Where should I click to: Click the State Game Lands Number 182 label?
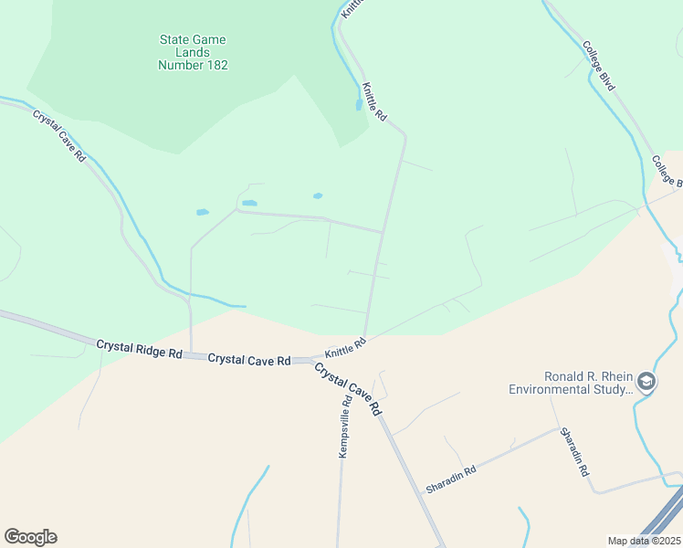click(193, 52)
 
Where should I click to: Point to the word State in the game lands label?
click(174, 40)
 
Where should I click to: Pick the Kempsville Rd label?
click(345, 427)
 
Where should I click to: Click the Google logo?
click(30, 537)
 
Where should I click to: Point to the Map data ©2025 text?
click(645, 541)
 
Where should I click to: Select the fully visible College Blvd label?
click(599, 65)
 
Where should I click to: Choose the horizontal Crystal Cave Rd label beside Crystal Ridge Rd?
click(249, 359)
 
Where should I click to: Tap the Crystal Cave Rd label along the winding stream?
click(59, 136)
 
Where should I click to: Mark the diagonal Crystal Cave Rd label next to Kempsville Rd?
click(348, 390)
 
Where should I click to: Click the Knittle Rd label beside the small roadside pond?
click(375, 102)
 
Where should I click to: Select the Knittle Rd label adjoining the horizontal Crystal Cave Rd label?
click(345, 347)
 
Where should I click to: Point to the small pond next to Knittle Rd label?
click(358, 105)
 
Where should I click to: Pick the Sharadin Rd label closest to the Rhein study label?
click(575, 453)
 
